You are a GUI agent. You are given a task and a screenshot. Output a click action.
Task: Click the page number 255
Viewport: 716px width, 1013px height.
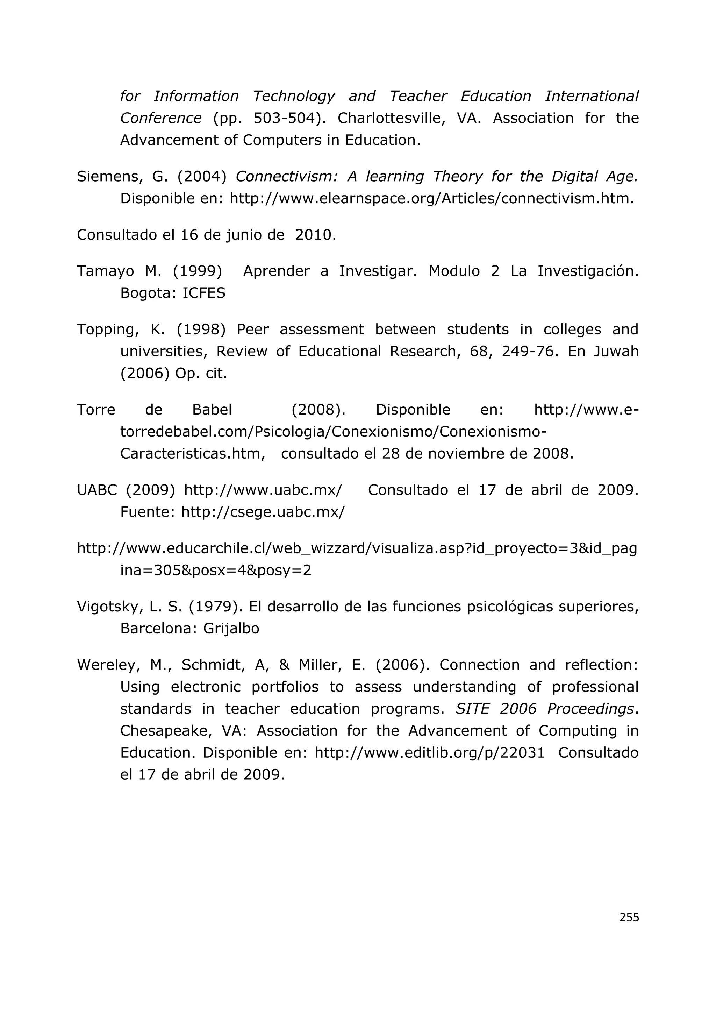coord(629,917)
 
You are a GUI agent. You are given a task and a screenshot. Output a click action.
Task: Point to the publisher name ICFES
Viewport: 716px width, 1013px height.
coord(204,293)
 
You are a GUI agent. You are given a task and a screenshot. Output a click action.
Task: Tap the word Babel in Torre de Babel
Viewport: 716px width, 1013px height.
coord(212,410)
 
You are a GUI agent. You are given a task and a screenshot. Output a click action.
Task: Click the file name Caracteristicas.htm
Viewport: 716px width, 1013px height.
coord(192,454)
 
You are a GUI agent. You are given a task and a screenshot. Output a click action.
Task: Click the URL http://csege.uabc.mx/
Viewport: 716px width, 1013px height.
coord(263,512)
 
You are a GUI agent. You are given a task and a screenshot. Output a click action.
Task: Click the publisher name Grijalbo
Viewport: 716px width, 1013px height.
coord(231,628)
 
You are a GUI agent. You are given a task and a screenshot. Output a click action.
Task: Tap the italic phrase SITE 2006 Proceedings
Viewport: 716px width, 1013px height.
coord(545,709)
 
